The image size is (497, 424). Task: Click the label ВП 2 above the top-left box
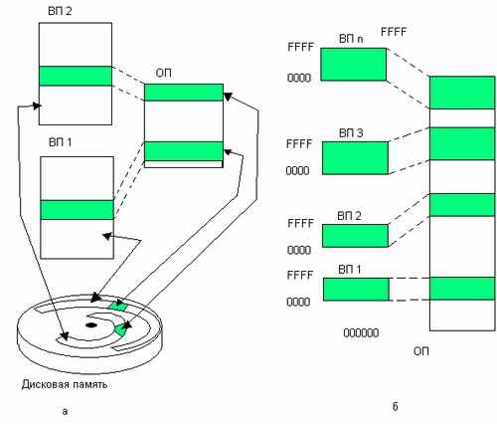(x=60, y=11)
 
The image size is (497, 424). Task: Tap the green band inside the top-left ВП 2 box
(x=76, y=76)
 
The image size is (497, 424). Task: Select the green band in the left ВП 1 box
(x=77, y=210)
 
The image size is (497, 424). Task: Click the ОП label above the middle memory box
(x=163, y=73)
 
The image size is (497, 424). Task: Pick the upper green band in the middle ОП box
(x=184, y=93)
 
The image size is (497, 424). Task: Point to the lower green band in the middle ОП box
(x=184, y=151)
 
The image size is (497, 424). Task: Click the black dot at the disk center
(x=90, y=325)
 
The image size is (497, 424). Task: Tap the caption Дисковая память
(x=65, y=384)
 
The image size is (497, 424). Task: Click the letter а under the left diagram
(x=65, y=412)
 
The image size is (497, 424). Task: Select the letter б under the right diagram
(x=395, y=407)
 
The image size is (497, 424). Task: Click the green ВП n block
(x=354, y=65)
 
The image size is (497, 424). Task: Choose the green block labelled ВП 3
(x=355, y=158)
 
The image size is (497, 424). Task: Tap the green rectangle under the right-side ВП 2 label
(x=355, y=236)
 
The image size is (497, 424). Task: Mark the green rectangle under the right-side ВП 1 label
(x=356, y=290)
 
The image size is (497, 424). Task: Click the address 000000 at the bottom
(x=361, y=332)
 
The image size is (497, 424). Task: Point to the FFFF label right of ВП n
(x=394, y=32)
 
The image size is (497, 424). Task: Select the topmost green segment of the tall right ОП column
(x=462, y=93)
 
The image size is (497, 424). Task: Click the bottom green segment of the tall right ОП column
(x=462, y=289)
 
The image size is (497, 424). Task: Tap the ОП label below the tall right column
(x=421, y=351)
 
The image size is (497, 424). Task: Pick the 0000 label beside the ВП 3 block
(x=297, y=170)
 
